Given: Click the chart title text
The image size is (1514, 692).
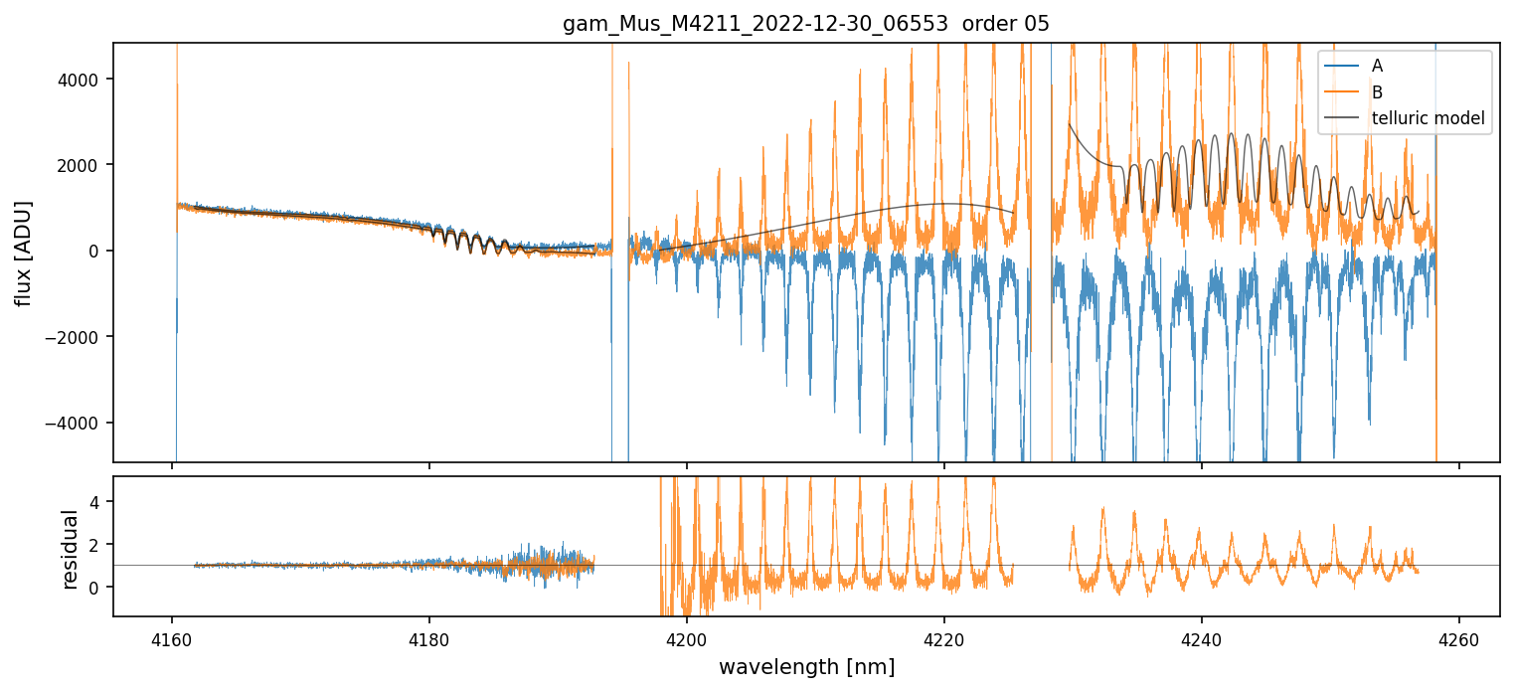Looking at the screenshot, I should (x=806, y=24).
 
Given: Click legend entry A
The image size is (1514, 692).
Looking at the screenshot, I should (x=1377, y=66).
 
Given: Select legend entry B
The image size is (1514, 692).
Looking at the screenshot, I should (x=1377, y=92).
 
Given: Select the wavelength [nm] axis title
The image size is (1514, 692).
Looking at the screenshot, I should (x=806, y=666).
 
